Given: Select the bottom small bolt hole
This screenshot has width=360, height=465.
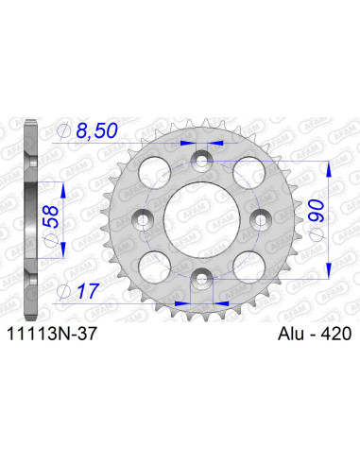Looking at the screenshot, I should coord(199,276).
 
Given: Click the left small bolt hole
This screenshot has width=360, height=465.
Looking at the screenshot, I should coord(142,219).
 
